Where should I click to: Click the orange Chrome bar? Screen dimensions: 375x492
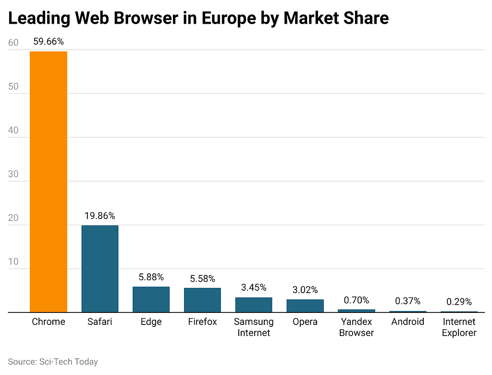click(x=49, y=181)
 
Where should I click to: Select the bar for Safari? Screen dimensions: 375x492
click(x=100, y=269)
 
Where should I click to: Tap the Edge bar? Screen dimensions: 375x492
click(x=151, y=299)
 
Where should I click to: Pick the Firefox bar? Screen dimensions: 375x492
click(x=202, y=300)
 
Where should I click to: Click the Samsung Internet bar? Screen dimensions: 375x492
click(x=254, y=305)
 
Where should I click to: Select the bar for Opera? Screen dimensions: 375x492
click(x=305, y=306)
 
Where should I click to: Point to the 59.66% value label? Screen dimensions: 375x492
click(x=49, y=42)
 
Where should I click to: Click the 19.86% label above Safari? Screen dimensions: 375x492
click(x=100, y=216)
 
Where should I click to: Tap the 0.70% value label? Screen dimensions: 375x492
click(x=357, y=300)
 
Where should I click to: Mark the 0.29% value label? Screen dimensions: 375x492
click(x=459, y=302)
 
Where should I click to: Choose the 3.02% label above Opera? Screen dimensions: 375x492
click(x=305, y=290)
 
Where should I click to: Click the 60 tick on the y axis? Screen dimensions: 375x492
click(x=13, y=43)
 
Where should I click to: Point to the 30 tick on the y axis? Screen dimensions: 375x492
click(x=13, y=174)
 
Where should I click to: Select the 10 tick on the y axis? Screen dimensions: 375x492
click(x=13, y=262)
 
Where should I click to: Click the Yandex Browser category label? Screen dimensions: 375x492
click(x=357, y=327)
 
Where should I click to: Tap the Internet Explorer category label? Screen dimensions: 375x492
click(x=459, y=327)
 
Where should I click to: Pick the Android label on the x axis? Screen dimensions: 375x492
click(x=407, y=322)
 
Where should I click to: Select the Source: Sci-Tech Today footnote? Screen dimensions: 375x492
click(x=53, y=362)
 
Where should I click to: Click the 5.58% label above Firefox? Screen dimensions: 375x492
click(x=202, y=279)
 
